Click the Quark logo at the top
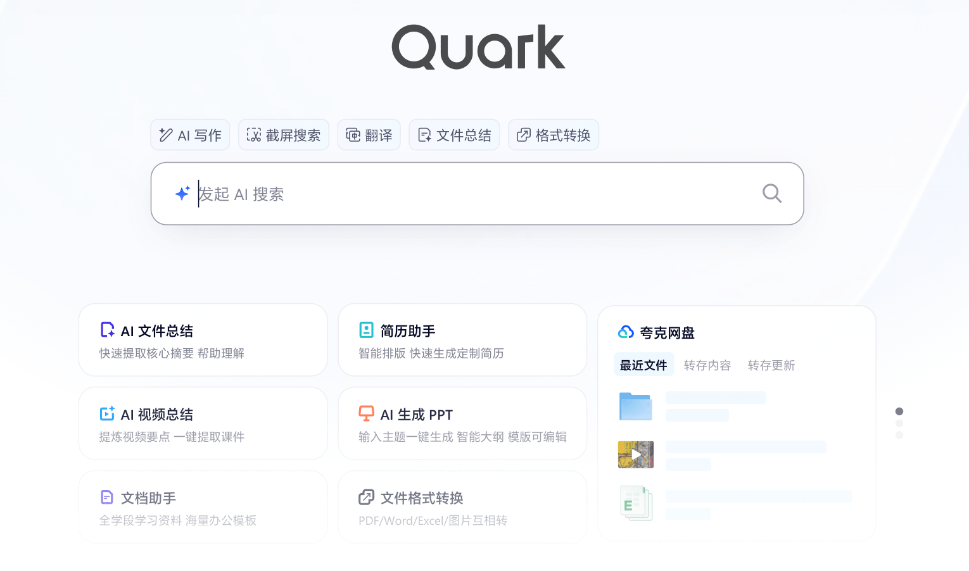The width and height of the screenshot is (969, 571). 478,47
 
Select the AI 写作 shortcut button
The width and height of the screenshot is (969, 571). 190,135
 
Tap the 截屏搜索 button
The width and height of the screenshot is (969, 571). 284,135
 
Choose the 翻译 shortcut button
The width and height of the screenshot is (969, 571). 369,135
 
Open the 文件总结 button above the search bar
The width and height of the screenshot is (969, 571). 454,135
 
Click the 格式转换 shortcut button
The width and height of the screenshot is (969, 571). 554,135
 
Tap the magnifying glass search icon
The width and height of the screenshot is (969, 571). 772,193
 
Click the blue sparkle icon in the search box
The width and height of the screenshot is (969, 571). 182,194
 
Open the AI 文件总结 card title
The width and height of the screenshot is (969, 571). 156,331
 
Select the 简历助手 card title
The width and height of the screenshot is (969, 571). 407,331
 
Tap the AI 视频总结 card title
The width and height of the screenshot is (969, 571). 156,415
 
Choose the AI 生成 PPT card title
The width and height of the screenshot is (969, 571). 416,415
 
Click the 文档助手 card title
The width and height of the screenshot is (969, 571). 148,498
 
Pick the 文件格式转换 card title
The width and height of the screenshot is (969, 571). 422,498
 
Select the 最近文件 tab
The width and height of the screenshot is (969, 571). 643,365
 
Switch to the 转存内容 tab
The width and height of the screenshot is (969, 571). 707,365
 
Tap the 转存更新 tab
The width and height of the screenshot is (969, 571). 771,365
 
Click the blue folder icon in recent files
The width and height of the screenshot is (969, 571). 636,406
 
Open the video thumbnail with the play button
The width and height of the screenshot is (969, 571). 636,455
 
